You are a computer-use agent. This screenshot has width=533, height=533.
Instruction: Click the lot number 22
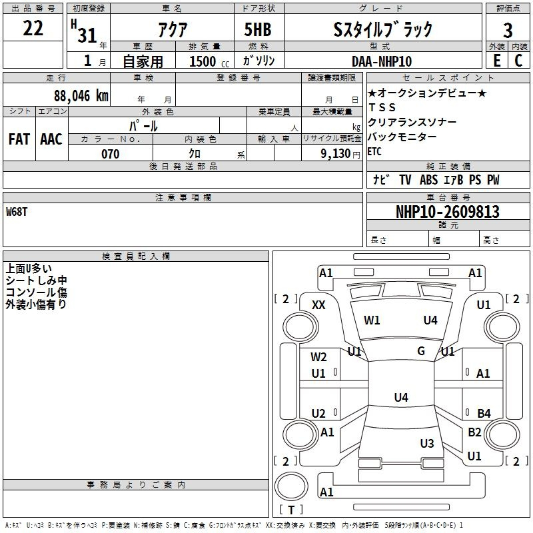pos(33,29)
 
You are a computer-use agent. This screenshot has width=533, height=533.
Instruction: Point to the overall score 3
pos(508,31)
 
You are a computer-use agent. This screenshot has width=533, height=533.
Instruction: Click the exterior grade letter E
pos(496,61)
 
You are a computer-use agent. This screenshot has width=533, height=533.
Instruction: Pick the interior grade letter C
pos(518,61)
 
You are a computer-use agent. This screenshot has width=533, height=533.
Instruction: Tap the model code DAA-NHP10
pos(382,61)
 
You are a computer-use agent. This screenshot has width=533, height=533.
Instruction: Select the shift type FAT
pos(19,139)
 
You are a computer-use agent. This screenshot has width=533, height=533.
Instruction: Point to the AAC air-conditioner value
pos(51,139)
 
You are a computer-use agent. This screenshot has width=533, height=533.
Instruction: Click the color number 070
pos(110,154)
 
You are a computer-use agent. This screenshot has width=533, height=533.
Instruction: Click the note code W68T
pos(18,212)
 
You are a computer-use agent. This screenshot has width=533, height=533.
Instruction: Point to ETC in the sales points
pos(375,151)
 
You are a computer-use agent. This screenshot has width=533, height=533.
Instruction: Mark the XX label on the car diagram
pos(318,304)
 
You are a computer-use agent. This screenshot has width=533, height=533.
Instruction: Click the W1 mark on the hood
pos(372,320)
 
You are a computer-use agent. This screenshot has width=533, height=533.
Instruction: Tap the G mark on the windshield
pos(421,351)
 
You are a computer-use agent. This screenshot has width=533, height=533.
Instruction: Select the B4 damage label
pos(484,414)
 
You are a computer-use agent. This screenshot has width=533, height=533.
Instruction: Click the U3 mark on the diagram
pos(427,443)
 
